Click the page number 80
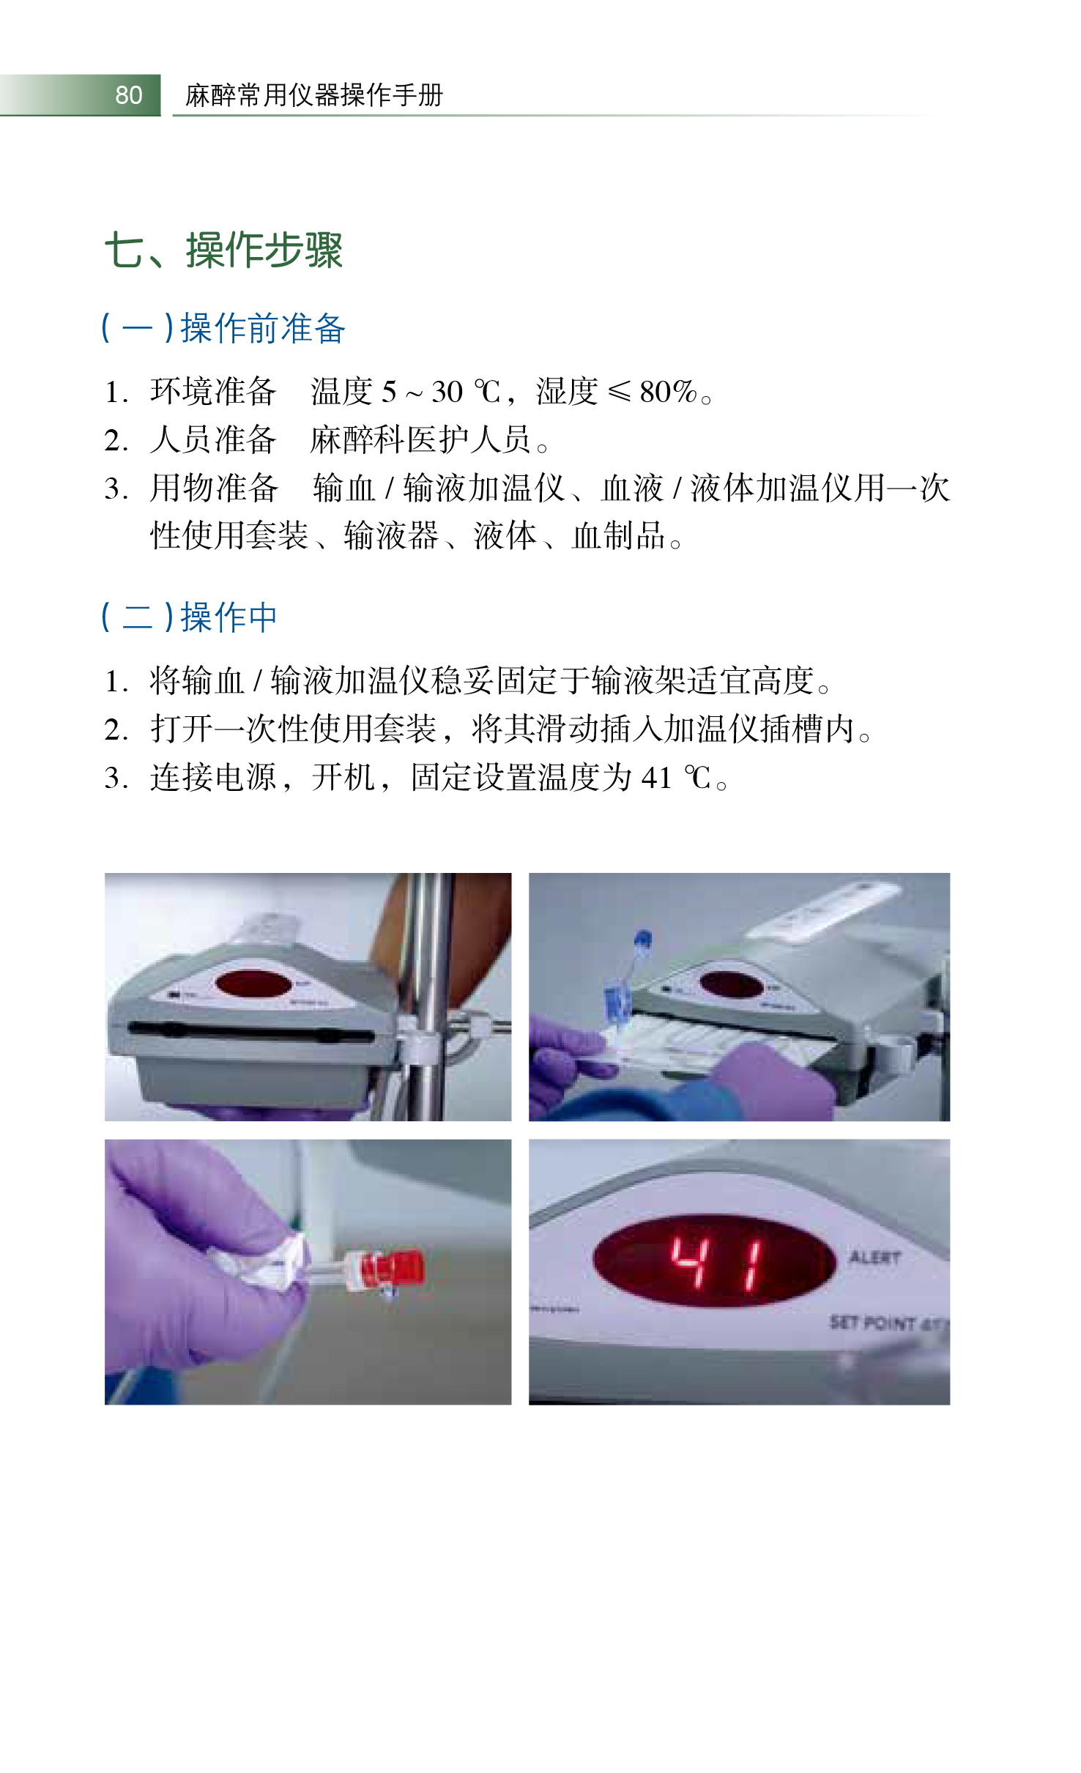pos(129,95)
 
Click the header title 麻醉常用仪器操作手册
pos(314,95)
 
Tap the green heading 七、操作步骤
pos(224,250)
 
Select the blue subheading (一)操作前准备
pos(223,327)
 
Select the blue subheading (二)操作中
pos(189,617)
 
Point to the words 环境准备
pos(213,392)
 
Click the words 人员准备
pos(213,439)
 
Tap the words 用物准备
pos(213,488)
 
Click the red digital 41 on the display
pos(718,1263)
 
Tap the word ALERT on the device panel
pos(874,1258)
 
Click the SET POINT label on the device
pos(872,1322)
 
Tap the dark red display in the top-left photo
pos(253,984)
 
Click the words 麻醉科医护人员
pos(421,439)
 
